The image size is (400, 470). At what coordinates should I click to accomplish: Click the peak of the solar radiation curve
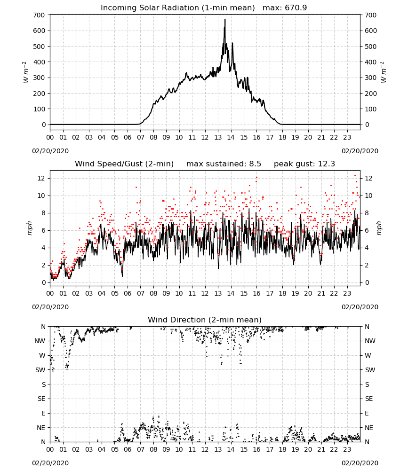[x=225, y=19]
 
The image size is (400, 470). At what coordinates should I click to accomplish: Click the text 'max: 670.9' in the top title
[x=285, y=8]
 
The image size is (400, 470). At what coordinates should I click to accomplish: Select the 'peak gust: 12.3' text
[x=304, y=164]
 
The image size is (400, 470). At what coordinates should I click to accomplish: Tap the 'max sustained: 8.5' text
[x=224, y=164]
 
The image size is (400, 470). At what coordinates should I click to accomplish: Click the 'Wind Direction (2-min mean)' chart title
[x=205, y=320]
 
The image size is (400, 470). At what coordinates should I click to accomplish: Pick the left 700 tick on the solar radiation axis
[x=40, y=15]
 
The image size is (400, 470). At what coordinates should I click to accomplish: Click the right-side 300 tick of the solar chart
[x=371, y=78]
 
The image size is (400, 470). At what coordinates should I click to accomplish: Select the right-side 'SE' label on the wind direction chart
[x=369, y=399]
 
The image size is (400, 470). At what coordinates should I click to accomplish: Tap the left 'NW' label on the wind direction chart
[x=40, y=341]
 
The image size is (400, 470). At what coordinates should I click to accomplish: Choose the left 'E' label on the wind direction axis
[x=43, y=413]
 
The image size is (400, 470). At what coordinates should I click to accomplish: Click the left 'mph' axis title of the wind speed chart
[x=29, y=228]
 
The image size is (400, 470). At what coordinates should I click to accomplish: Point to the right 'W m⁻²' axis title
[x=384, y=72]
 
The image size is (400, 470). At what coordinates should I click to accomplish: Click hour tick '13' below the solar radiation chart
[x=218, y=137]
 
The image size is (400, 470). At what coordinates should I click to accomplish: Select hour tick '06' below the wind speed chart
[x=128, y=293]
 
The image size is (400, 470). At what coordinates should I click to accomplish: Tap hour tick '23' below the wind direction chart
[x=347, y=450]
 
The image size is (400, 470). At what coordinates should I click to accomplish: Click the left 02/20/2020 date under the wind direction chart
[x=50, y=463]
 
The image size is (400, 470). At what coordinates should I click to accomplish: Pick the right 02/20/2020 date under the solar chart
[x=360, y=151]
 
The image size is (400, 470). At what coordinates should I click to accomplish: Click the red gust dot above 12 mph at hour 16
[x=256, y=177]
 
